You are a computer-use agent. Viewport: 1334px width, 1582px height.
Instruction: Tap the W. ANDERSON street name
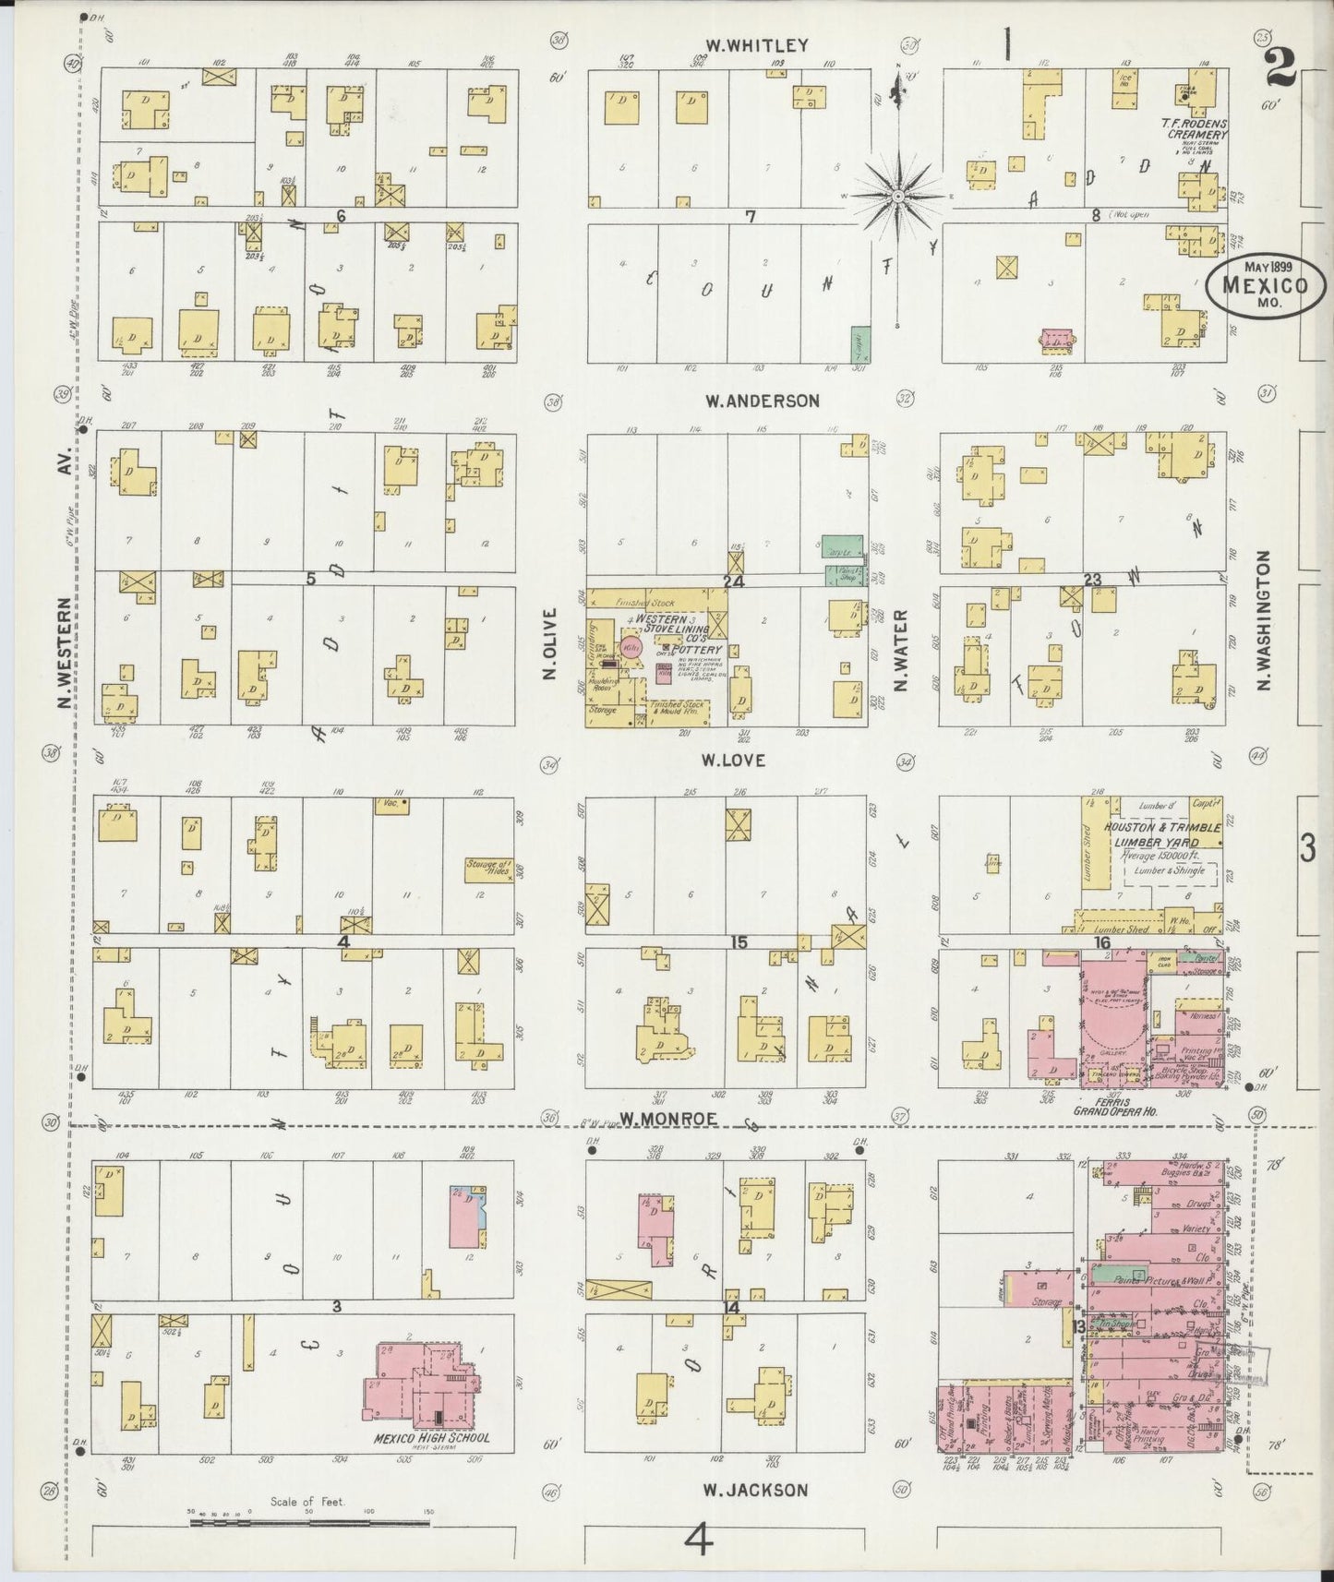762,401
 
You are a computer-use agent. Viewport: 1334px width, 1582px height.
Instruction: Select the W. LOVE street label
735,761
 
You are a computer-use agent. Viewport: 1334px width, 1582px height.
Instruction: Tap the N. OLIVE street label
551,643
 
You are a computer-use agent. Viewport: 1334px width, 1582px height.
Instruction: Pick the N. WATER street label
902,650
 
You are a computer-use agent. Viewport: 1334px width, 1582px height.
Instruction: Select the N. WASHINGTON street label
1264,620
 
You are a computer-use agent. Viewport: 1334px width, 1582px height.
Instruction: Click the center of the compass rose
898,196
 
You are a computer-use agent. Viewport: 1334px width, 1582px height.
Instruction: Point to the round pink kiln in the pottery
631,648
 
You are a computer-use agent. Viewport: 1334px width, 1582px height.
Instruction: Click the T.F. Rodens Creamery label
1196,127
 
